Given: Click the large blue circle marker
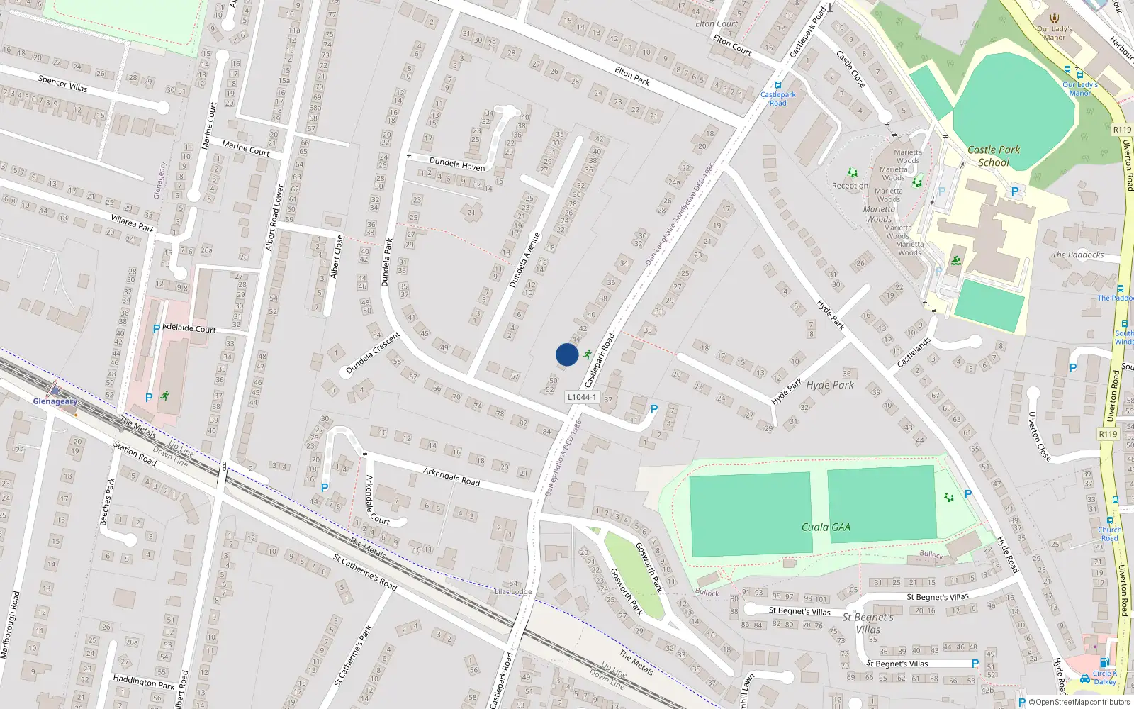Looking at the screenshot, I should click(566, 354).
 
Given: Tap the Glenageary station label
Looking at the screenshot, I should click(55, 401).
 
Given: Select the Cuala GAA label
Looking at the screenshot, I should click(826, 527).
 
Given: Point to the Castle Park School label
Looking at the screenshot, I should click(994, 156).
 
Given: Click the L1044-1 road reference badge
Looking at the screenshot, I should click(583, 397).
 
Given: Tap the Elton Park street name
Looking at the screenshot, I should click(632, 76).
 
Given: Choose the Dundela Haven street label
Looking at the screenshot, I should click(457, 164).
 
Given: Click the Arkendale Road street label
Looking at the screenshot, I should click(451, 476).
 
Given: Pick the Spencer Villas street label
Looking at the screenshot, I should click(63, 83).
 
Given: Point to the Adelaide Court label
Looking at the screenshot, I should click(189, 328).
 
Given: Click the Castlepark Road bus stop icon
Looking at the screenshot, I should click(777, 85).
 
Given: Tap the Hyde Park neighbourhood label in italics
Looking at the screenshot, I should click(830, 385).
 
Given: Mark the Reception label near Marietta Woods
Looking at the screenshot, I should click(850, 186).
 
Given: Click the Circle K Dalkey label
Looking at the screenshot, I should click(1104, 677).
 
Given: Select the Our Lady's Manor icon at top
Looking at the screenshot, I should click(1055, 18).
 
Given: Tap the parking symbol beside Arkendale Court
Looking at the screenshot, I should click(325, 488).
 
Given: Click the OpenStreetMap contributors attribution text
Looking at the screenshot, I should click(1080, 702).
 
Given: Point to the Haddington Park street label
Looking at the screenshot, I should click(144, 682).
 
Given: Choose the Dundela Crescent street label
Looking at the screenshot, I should click(374, 353).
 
